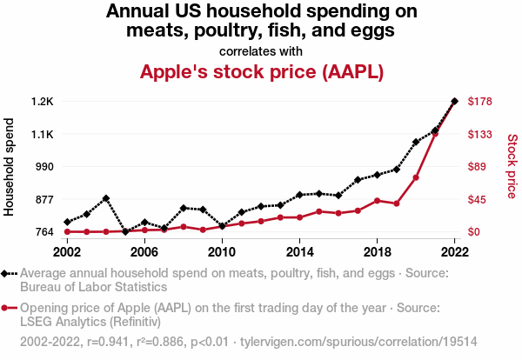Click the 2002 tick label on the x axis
click(67, 251)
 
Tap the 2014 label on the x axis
click(299, 251)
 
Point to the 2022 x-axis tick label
click(454, 251)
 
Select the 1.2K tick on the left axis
click(43, 101)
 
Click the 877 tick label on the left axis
click(43, 199)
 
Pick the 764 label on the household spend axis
click(43, 231)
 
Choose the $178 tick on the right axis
click(481, 101)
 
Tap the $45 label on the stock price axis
click(478, 199)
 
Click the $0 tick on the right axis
click(475, 231)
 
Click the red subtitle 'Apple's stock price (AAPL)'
click(261, 72)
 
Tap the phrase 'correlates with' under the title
click(261, 50)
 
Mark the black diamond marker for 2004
click(106, 198)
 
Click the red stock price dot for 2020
click(416, 177)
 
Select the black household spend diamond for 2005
click(125, 231)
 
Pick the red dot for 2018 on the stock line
click(377, 200)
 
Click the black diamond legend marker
click(6, 273)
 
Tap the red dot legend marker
click(6, 307)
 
